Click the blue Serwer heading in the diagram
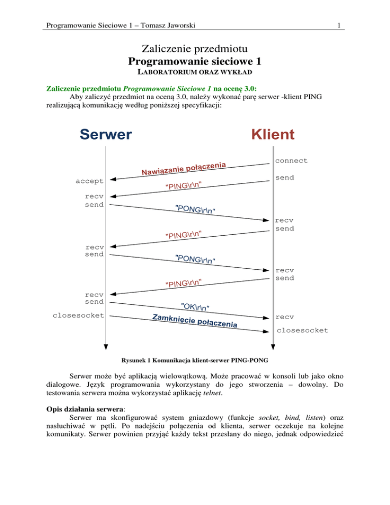[x=106, y=134]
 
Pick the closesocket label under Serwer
[x=79, y=315]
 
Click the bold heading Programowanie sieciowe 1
[x=195, y=61]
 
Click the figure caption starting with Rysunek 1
[x=194, y=362]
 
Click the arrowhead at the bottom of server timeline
[x=105, y=346]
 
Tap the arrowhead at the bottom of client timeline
[x=273, y=346]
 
